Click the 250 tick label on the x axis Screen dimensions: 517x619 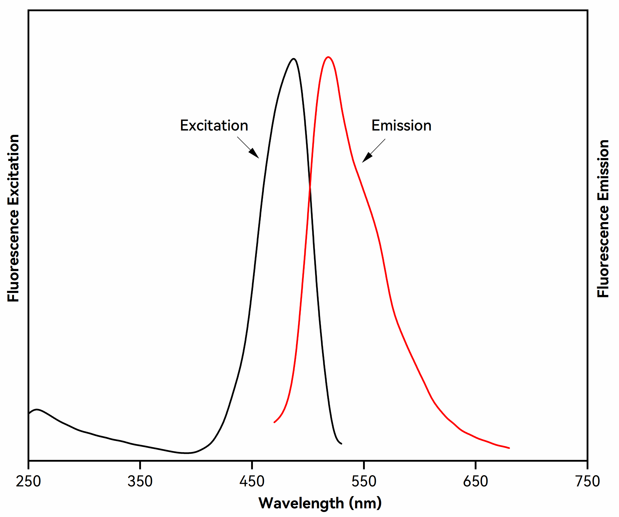point(28,481)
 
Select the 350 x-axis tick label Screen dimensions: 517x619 point(140,481)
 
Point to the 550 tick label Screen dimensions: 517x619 point(364,481)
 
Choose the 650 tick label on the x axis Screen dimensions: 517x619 point(475,481)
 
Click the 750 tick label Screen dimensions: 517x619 point(587,481)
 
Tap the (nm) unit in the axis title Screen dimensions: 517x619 point(365,503)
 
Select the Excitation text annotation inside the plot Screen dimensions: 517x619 point(214,126)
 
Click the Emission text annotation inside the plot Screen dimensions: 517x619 point(401,126)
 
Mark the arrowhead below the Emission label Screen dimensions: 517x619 point(366,158)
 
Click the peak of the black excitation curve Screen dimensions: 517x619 point(293,59)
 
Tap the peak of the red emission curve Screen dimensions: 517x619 point(328,57)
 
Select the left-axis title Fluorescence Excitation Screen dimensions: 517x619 point(13,218)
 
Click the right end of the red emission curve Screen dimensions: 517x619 point(509,448)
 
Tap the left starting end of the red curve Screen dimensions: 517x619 point(274,422)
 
